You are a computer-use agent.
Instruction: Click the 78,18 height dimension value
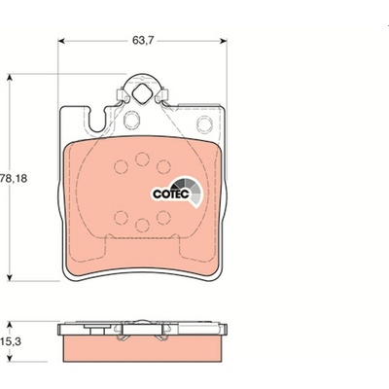14,178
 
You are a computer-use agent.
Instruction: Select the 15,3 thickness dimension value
13,342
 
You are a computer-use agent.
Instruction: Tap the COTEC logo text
171,194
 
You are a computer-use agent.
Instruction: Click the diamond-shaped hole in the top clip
141,93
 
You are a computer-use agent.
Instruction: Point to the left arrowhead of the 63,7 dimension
61,41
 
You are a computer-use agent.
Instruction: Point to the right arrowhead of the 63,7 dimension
224,41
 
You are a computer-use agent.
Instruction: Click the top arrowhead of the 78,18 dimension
10,78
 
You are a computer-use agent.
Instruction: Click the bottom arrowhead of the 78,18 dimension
10,277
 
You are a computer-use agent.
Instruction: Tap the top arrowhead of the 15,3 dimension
10,325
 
